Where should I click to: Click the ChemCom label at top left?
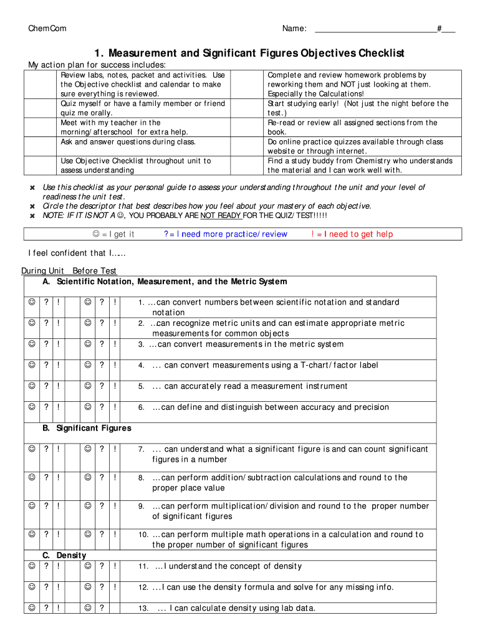pos(47,29)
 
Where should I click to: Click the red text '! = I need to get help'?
pos(352,234)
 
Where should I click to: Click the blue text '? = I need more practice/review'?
pos(225,234)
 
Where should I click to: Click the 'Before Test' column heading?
pos(94,271)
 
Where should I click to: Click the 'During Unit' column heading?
pos(42,271)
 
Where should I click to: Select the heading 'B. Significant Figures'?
pos(87,429)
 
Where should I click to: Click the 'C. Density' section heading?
pos(64,555)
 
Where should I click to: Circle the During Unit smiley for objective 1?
pos(31,302)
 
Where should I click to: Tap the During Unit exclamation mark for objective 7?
pos(58,449)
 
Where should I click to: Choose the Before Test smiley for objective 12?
pos(88,587)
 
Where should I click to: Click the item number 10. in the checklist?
pos(143,535)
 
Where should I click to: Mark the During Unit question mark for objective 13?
pos(46,608)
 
